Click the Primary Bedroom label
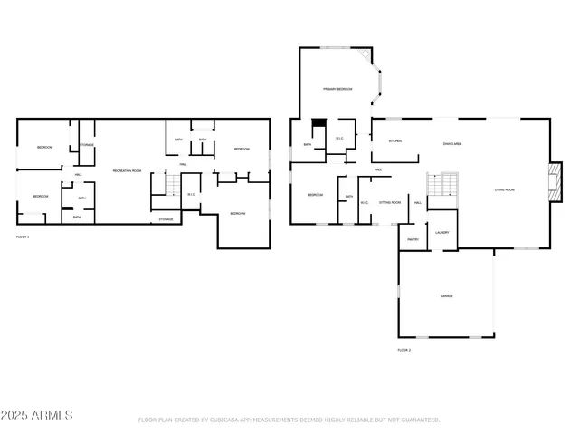coord(337,89)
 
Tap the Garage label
coord(446,296)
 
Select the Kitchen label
coord(395,141)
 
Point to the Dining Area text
coord(452,144)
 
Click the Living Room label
coord(504,189)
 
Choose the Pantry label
coord(412,239)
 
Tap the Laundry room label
coord(441,233)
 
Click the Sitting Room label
coord(390,203)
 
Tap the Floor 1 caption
coord(23,237)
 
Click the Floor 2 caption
coord(403,350)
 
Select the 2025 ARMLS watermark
coord(37,415)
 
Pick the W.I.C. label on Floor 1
coord(191,195)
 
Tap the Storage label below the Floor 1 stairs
coord(166,219)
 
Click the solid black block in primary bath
coord(318,127)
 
